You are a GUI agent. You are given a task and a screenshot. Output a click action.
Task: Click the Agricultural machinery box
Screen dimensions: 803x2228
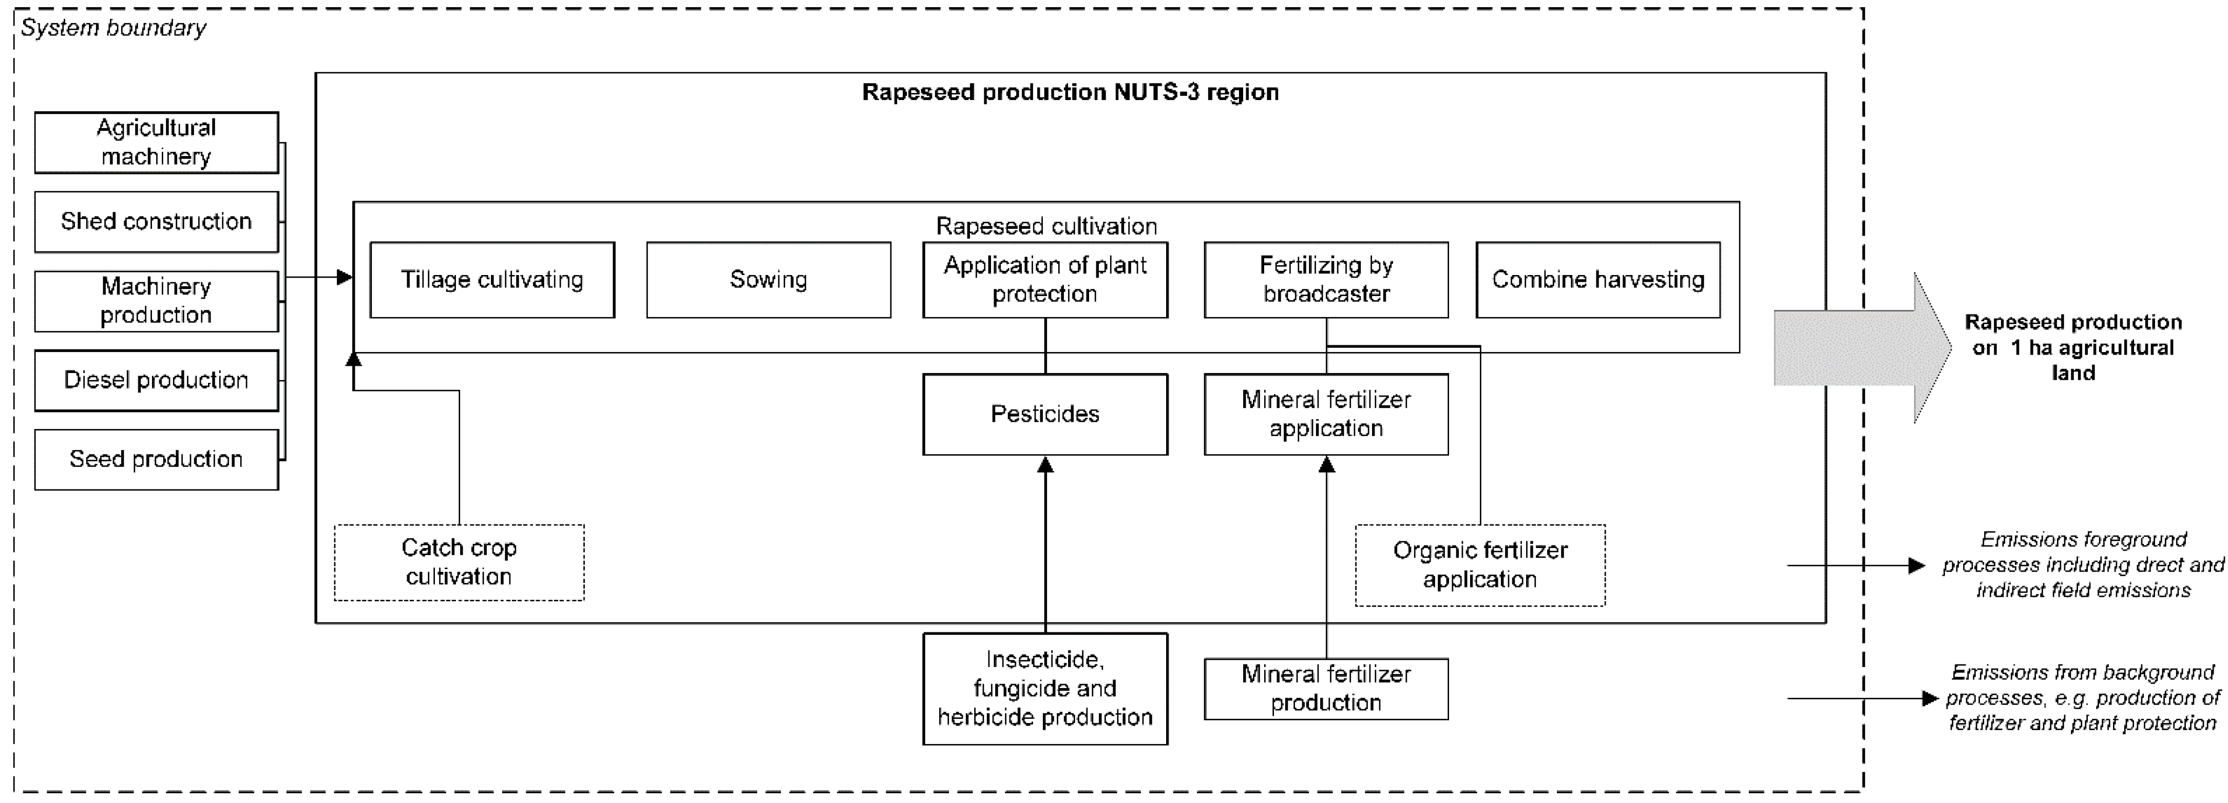coord(157,143)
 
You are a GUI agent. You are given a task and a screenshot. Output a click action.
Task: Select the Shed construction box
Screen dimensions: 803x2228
coord(157,222)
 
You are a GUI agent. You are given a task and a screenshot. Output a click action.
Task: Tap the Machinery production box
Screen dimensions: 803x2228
coord(157,301)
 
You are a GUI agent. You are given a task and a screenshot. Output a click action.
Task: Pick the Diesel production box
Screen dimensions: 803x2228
coord(157,380)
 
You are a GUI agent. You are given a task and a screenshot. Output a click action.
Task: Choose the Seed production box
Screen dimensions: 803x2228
coord(157,459)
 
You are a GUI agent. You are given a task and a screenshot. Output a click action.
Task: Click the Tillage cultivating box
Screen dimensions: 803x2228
coord(492,280)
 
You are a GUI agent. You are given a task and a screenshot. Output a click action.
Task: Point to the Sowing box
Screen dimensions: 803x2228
coord(768,280)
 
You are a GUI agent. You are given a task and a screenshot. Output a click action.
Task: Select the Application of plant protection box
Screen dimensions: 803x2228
coord(1045,280)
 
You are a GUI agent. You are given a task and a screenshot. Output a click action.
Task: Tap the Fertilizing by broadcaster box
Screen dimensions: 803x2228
coord(1326,280)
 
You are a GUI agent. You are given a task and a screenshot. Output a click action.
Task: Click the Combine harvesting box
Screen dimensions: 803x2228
coord(1597,280)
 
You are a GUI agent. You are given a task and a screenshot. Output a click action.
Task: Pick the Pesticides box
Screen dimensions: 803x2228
coord(1045,414)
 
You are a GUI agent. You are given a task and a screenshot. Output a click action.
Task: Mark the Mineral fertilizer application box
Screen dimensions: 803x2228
coord(1326,414)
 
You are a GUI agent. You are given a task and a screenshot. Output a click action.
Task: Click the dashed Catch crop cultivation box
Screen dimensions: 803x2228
coord(459,563)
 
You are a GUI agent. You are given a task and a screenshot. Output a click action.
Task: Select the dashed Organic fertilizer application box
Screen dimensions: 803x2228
coord(1480,565)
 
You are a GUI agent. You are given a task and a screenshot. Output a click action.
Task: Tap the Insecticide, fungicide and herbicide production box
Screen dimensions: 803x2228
coord(1045,689)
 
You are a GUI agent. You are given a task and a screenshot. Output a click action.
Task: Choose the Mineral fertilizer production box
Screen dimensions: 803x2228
coord(1326,689)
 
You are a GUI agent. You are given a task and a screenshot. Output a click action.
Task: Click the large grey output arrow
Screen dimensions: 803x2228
coord(1859,347)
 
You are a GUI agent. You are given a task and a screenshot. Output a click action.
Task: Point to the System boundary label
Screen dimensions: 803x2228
coord(113,29)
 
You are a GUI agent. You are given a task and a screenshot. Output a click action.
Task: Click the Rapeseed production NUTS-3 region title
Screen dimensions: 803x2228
coord(1070,92)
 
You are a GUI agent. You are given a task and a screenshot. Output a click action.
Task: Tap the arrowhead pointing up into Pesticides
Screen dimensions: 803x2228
coord(1045,465)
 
